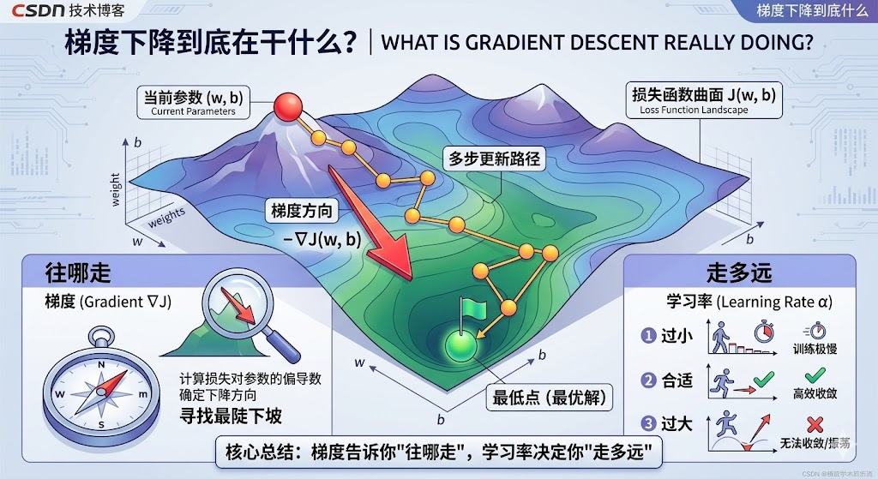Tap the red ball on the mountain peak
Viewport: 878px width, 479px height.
(289, 107)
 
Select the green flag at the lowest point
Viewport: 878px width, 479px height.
(472, 308)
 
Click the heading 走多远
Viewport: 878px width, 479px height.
(739, 272)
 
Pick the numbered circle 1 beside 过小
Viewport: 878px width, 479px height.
(649, 337)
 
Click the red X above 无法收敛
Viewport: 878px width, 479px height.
(815, 423)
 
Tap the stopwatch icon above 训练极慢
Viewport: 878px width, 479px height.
(815, 331)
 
